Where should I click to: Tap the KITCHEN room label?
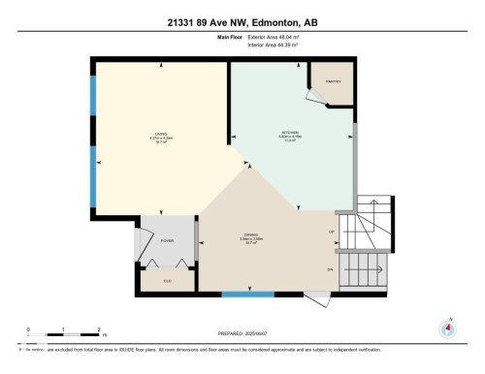click(289, 133)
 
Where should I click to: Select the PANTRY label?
click(332, 80)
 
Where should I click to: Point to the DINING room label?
click(249, 236)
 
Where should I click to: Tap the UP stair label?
click(332, 233)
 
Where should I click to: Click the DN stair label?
click(331, 268)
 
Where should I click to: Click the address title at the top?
click(242, 21)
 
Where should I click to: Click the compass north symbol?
click(447, 327)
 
